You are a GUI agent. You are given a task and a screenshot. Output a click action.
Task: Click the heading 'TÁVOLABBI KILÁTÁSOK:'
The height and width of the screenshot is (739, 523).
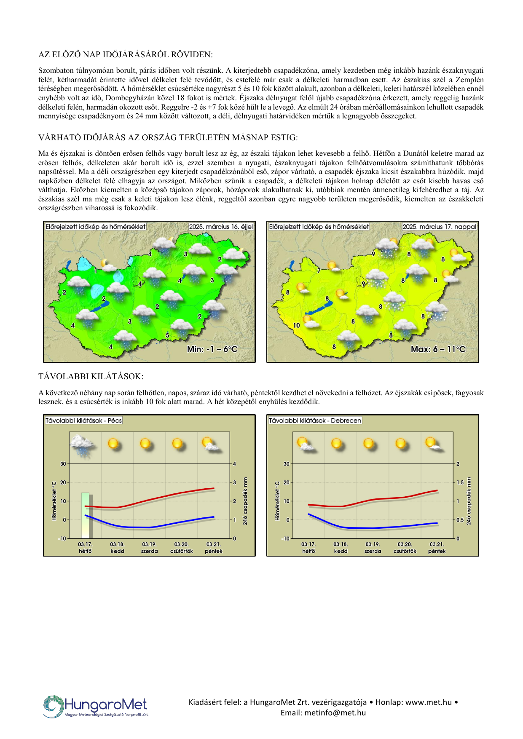pyautogui.click(x=91, y=376)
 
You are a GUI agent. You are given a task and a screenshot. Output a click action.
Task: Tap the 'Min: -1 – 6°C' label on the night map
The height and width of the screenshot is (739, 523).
pyautogui.click(x=212, y=349)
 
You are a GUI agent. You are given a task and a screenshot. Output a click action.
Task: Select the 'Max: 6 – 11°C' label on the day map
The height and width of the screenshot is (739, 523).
pyautogui.click(x=438, y=349)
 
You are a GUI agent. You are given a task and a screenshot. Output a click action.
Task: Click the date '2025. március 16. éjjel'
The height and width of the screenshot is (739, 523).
pyautogui.click(x=221, y=227)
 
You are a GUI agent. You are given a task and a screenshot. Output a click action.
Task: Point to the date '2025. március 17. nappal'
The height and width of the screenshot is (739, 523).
pyautogui.click(x=439, y=227)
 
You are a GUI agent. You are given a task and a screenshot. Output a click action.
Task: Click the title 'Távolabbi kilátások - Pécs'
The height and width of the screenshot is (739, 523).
pyautogui.click(x=83, y=420)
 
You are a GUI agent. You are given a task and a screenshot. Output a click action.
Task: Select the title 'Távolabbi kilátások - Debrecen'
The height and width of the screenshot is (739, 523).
pyautogui.click(x=315, y=420)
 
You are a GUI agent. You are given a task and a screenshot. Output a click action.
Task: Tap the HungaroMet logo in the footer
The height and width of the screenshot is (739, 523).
pyautogui.click(x=96, y=706)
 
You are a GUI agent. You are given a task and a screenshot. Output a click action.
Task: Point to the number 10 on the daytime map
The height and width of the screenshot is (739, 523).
pyautogui.click(x=297, y=325)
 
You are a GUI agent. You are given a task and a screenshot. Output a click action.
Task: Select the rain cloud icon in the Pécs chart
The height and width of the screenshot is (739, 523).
pyautogui.click(x=83, y=445)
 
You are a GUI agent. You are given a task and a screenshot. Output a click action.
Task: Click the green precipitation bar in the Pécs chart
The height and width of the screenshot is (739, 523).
pyautogui.click(x=86, y=515)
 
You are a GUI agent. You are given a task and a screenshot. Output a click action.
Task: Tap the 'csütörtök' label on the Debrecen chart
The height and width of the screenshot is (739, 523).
pyautogui.click(x=405, y=551)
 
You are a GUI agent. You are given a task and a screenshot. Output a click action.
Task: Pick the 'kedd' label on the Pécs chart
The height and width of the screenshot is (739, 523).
pyautogui.click(x=117, y=551)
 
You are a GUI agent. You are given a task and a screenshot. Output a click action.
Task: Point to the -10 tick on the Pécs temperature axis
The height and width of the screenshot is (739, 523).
pyautogui.click(x=62, y=538)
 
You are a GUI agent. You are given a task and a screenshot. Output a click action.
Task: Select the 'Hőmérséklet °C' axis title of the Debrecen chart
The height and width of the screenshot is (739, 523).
pyautogui.click(x=277, y=501)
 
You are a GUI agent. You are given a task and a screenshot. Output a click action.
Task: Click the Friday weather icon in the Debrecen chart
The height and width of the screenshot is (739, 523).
pyautogui.click(x=433, y=444)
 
